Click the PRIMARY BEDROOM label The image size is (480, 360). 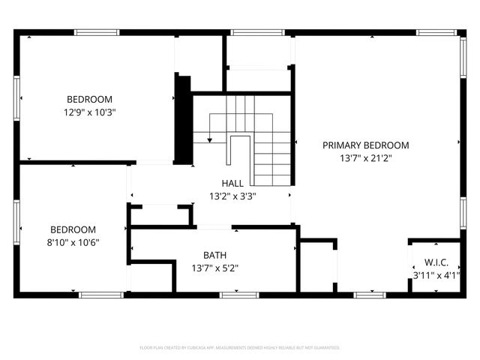[x=366, y=145]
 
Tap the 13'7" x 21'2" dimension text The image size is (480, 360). [x=366, y=158]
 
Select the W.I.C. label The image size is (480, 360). [x=436, y=262]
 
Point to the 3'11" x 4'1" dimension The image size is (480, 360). [x=436, y=275]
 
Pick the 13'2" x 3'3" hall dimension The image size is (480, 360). [x=232, y=197]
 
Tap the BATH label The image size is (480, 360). [x=215, y=254]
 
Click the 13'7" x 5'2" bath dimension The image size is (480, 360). [x=215, y=268]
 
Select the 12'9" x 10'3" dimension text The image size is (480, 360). [x=90, y=112]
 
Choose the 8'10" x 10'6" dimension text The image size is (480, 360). [x=73, y=242]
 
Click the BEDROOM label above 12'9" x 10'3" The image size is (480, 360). [x=90, y=99]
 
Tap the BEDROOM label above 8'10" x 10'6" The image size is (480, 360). [x=73, y=229]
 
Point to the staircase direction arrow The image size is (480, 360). [x=210, y=138]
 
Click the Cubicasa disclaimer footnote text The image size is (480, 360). [x=240, y=348]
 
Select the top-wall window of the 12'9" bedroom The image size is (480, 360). [x=97, y=32]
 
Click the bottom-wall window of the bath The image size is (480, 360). [x=240, y=295]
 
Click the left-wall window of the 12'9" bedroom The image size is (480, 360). [x=16, y=98]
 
